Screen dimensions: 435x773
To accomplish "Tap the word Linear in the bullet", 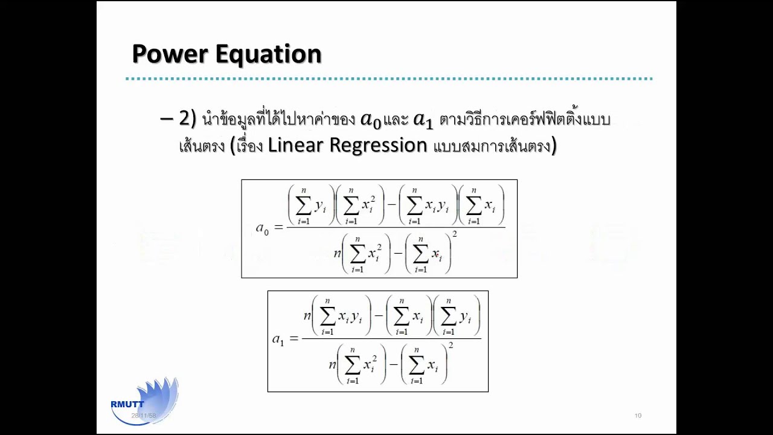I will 295,146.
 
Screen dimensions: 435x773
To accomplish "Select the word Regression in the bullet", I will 377,146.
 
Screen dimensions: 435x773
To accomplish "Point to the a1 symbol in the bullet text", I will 423,120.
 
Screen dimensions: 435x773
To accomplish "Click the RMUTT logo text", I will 127,404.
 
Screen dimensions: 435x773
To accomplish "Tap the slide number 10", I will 638,416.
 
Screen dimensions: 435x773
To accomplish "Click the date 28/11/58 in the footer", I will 144,416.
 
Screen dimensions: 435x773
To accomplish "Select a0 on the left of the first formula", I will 262,228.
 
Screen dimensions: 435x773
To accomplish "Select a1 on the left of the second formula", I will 278,339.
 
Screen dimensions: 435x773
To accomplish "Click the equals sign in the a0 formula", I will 278,227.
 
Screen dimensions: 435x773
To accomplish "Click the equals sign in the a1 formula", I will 294,338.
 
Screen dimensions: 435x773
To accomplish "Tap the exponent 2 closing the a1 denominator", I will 451,346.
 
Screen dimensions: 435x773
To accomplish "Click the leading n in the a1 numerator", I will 307,315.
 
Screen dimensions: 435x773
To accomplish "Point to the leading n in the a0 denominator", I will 338,253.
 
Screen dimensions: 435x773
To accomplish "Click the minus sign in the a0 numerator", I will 391,205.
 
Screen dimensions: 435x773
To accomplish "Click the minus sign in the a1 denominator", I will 393,364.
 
